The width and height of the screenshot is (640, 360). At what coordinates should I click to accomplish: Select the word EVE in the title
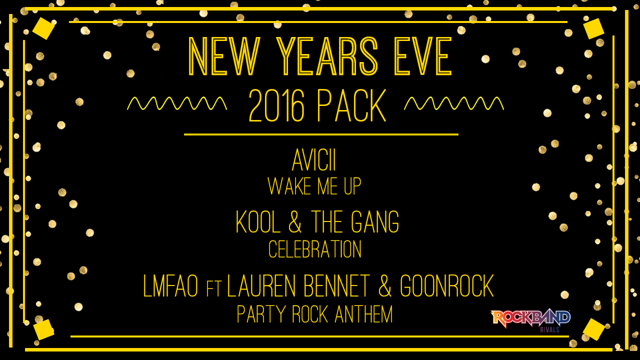click(423, 56)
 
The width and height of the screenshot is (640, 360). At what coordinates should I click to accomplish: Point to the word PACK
click(351, 105)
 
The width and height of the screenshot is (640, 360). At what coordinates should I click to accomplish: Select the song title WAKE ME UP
click(314, 186)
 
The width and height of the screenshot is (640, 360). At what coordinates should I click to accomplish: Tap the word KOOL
click(257, 221)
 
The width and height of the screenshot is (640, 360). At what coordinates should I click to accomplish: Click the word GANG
click(375, 221)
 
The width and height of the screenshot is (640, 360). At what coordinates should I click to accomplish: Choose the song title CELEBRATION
click(315, 249)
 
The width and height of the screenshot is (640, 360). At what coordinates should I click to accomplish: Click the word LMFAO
click(170, 285)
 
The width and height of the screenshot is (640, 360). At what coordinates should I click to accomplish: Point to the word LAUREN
click(261, 285)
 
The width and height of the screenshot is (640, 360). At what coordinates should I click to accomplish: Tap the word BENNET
click(337, 285)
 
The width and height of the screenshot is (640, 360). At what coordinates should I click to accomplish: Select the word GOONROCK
click(447, 285)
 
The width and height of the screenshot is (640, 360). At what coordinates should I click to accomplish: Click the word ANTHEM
click(363, 314)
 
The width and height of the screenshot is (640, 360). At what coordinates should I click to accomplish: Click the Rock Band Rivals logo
click(530, 321)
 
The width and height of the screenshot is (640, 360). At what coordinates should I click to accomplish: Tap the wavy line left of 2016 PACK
click(177, 103)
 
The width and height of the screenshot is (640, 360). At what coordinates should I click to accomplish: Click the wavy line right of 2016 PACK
click(453, 103)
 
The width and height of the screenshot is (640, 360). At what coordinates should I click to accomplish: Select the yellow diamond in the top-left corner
click(43, 28)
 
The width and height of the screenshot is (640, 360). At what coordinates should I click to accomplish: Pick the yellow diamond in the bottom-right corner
click(593, 329)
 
